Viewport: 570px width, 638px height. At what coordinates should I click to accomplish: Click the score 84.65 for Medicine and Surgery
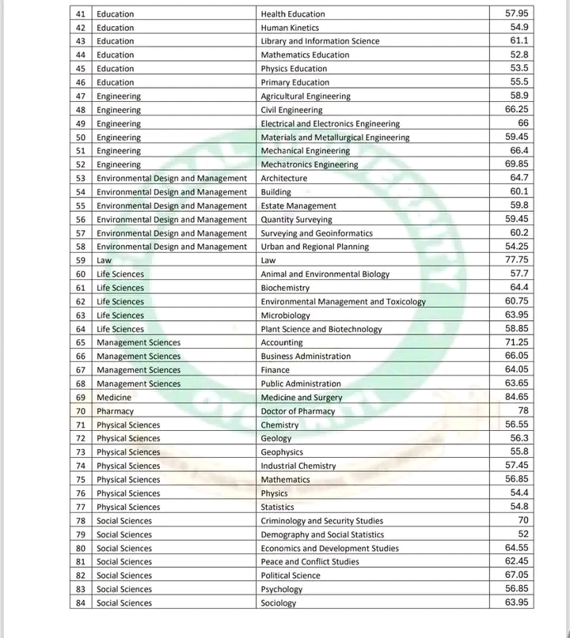point(517,396)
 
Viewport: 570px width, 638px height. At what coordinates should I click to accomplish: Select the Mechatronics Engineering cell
point(310,164)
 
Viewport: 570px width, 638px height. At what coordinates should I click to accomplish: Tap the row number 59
point(81,260)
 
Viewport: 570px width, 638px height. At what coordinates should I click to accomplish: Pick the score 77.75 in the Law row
point(517,259)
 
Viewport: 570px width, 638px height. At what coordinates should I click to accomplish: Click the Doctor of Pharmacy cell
point(298,411)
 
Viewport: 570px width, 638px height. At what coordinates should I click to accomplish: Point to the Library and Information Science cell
point(320,41)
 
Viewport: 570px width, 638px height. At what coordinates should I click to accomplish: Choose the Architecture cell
point(284,178)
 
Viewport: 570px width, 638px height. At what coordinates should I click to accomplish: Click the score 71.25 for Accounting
point(517,342)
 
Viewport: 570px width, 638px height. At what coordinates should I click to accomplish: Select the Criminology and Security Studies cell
point(321,521)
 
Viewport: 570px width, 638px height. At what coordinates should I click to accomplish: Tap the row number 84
point(81,603)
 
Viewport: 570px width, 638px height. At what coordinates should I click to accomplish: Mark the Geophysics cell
point(282,452)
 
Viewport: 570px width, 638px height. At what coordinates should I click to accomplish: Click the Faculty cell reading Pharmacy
point(116,411)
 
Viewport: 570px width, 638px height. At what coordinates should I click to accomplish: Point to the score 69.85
point(517,164)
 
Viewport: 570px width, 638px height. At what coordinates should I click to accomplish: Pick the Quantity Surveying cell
point(297,219)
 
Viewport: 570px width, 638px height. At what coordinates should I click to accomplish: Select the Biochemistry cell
point(286,288)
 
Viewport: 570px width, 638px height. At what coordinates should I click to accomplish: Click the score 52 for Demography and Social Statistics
point(522,534)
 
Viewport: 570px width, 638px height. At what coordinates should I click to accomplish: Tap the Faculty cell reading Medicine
point(114,398)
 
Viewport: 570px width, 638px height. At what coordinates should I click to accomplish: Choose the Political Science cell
point(291,576)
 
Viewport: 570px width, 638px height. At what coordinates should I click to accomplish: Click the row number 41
point(81,14)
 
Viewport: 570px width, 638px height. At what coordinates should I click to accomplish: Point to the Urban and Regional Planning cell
point(315,247)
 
